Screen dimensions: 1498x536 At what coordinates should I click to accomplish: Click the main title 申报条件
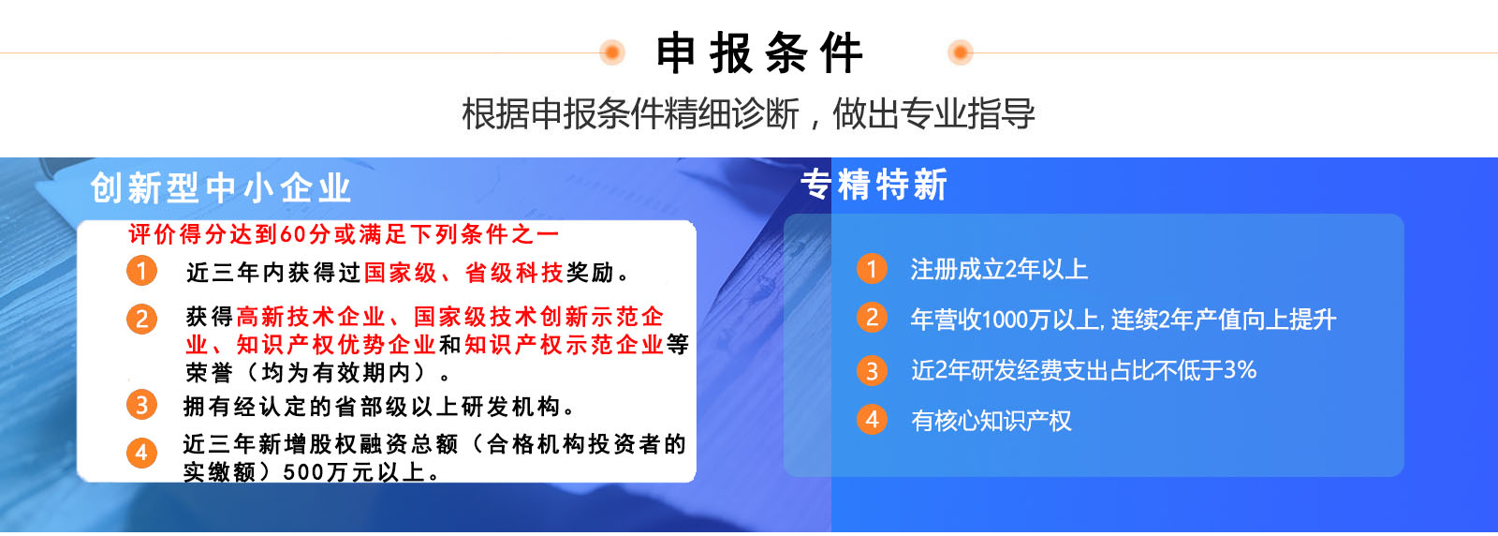coord(759,52)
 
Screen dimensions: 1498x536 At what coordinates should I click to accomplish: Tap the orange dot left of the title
coord(612,52)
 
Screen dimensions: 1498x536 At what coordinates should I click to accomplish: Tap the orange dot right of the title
coord(961,52)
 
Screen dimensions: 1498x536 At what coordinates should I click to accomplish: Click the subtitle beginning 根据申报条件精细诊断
coord(748,113)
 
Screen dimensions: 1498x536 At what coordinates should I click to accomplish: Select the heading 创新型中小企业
coord(221,188)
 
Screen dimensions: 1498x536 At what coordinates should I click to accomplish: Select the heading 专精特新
coord(874,185)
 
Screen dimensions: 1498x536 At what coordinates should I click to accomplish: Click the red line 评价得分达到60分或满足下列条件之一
coord(344,234)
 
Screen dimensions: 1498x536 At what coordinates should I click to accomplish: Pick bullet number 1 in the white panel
coord(141,271)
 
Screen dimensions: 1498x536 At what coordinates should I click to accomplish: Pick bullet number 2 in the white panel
coord(141,320)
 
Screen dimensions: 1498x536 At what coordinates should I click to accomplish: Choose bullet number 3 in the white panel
coord(141,405)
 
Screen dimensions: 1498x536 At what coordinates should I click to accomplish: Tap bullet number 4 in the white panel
coord(141,453)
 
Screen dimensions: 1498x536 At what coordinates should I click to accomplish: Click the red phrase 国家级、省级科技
coord(463,273)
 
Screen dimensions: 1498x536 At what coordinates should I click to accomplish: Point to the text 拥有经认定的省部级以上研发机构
coord(372,406)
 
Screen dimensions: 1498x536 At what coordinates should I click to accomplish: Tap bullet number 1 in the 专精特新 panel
coord(872,268)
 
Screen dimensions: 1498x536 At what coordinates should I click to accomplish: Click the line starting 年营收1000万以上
coord(1123,320)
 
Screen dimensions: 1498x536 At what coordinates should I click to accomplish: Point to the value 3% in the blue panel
coord(1240,369)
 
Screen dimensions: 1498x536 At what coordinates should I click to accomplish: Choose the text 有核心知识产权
coord(991,421)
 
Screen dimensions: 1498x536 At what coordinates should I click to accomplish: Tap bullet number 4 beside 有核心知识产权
coord(872,420)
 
